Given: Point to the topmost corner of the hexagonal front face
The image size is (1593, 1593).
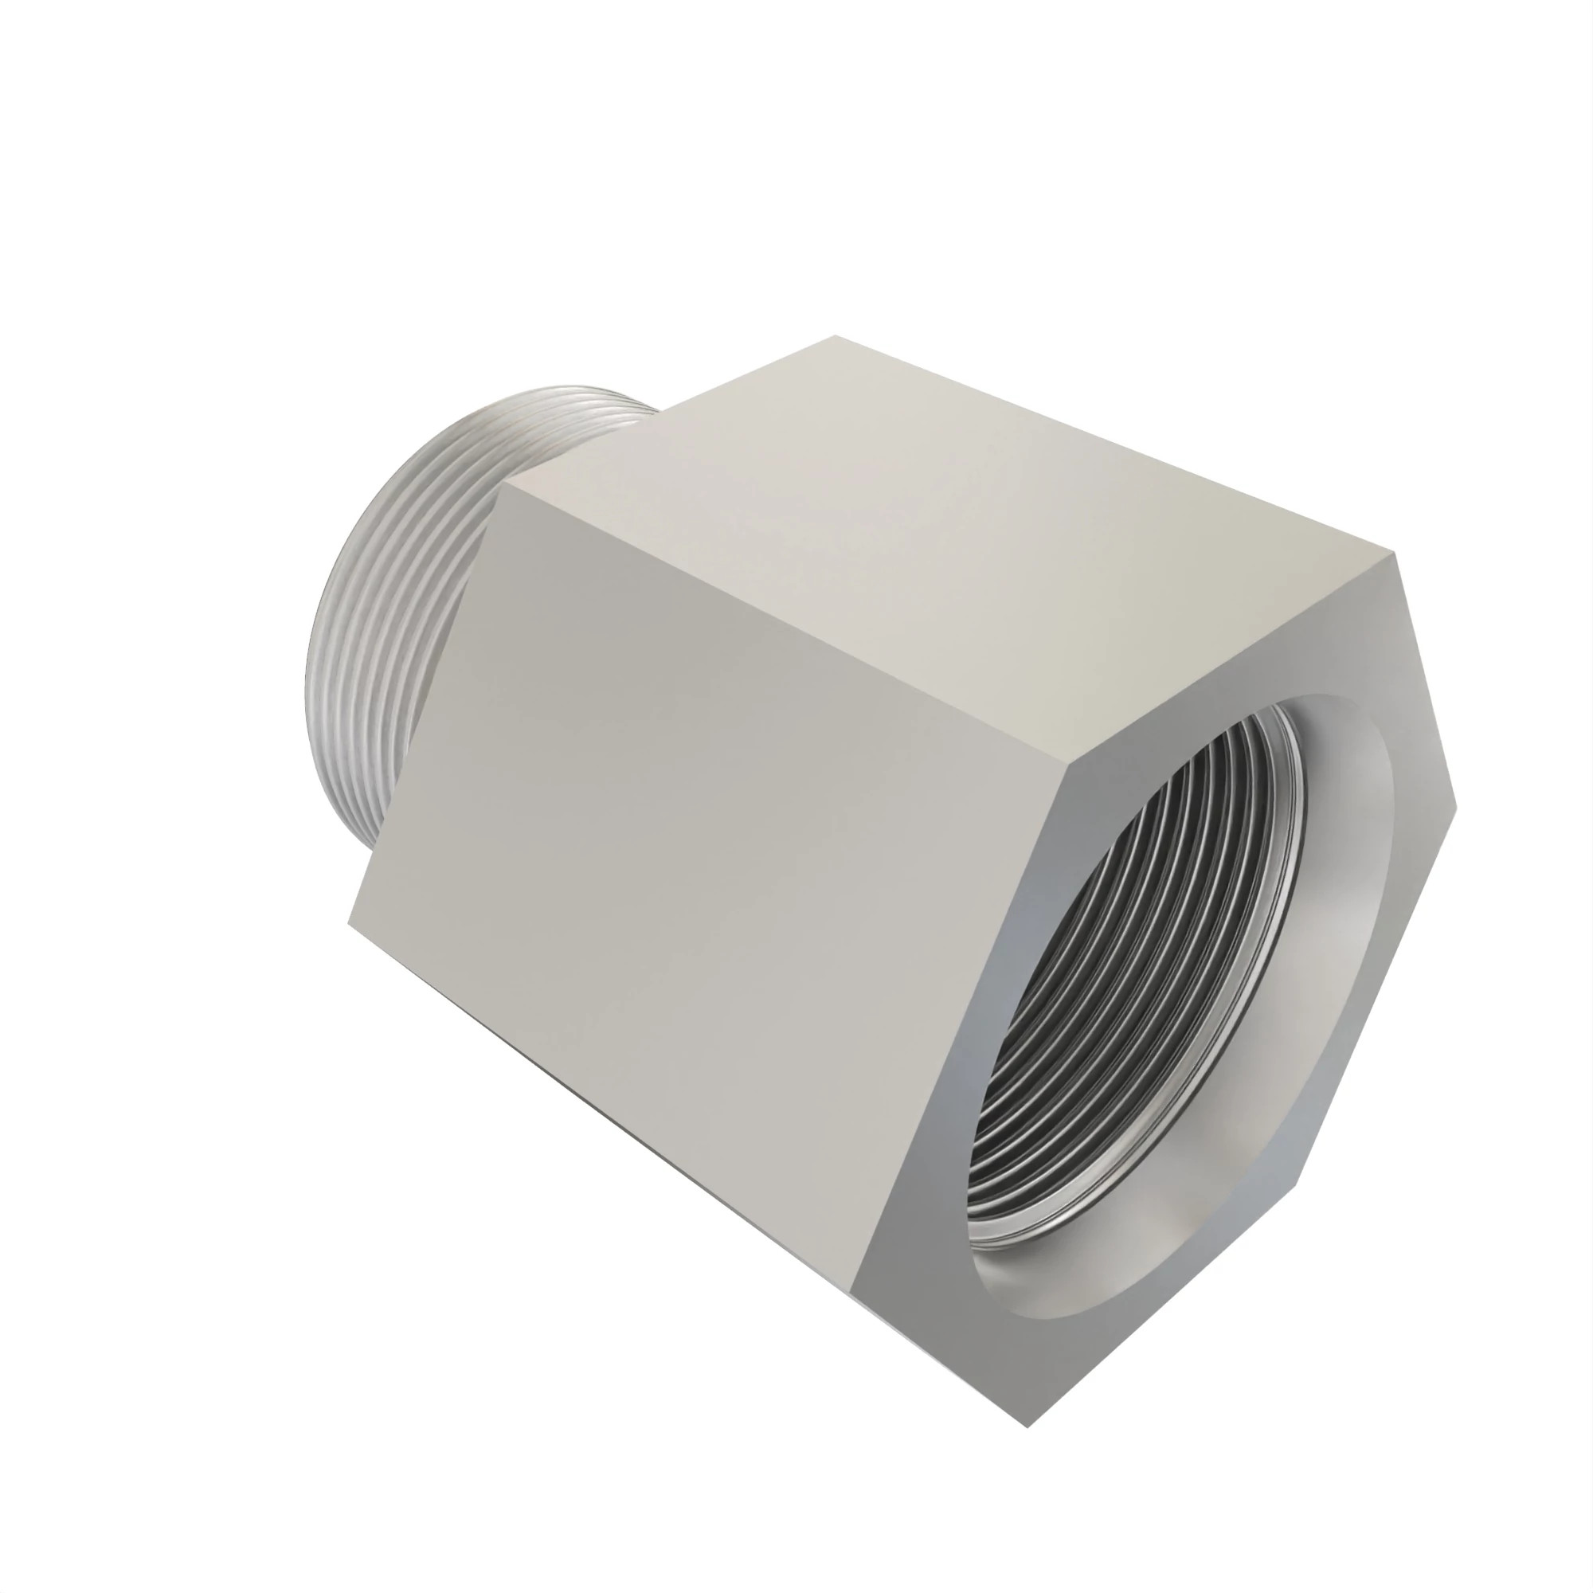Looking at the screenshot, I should (x=1397, y=554).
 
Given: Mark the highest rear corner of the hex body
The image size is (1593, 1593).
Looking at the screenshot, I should (x=835, y=335).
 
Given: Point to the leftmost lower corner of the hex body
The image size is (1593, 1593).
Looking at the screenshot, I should (x=349, y=923).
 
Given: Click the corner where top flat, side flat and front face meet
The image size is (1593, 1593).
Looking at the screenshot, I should (x=1069, y=759).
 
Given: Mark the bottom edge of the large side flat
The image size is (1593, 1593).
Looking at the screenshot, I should (x=602, y=1109).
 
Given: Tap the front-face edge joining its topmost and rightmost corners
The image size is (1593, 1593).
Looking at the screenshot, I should (x=1427, y=680).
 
